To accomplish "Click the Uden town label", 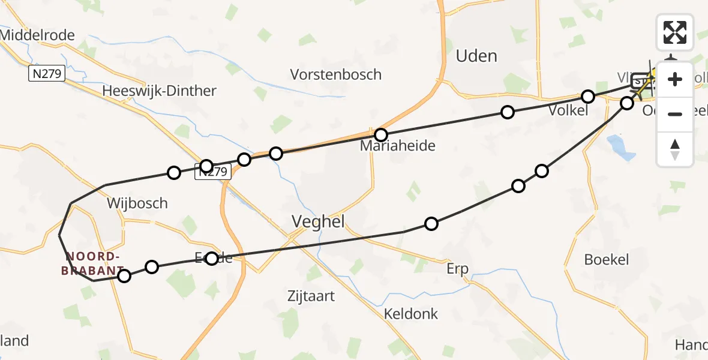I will (476, 56).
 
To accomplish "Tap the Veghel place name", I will (317, 221).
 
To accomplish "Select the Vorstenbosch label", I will (335, 75).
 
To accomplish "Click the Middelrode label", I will (37, 35).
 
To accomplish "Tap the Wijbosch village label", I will (137, 203).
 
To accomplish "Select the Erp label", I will (457, 269).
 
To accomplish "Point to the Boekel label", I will (607, 260).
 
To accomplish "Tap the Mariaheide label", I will (397, 146).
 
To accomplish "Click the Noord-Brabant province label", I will (92, 263).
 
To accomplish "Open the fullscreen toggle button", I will (675, 32).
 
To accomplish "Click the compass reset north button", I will (675, 149).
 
